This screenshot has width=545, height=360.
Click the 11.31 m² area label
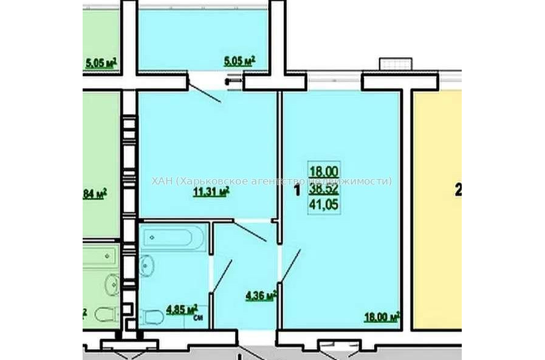(x=210, y=192)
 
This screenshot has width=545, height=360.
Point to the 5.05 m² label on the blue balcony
(x=239, y=61)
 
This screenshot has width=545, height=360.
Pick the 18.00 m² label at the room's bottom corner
(x=381, y=316)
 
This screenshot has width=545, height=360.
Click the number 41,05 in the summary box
(x=324, y=206)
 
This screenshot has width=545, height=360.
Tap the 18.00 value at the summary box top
(x=324, y=172)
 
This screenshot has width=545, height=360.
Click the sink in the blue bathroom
(x=146, y=265)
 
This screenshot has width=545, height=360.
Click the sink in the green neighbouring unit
(x=111, y=283)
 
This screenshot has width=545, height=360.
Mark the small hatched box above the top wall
(x=396, y=64)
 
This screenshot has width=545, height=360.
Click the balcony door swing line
(x=205, y=90)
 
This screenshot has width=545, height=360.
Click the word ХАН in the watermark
(x=162, y=181)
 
